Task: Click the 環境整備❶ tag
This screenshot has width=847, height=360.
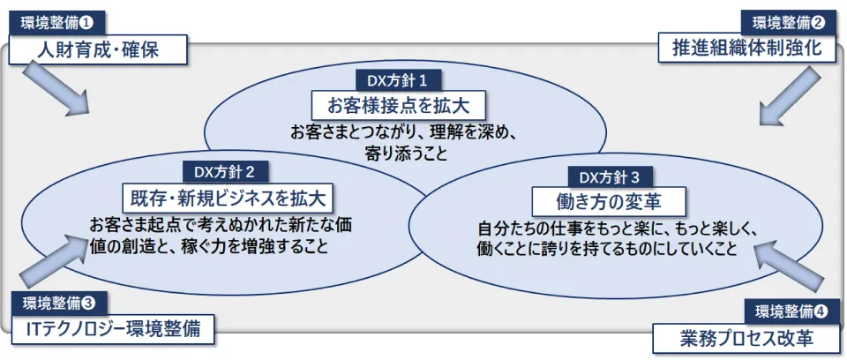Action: [x=56, y=23]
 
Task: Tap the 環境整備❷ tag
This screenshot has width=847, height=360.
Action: [x=790, y=22]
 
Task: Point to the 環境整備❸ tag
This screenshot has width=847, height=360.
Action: [x=59, y=304]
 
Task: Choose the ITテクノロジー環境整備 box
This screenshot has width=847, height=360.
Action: [x=113, y=330]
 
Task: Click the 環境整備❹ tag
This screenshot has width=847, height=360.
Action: [x=791, y=311]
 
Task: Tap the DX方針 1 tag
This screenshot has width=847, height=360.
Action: [x=399, y=81]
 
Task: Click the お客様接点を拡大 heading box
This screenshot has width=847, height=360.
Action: [x=399, y=106]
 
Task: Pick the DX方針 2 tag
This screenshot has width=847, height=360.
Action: [x=225, y=173]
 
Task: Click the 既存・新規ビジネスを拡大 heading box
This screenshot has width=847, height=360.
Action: [x=228, y=199]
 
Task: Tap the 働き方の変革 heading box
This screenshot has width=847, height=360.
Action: [x=609, y=202]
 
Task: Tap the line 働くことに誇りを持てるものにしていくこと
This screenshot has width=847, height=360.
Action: [x=607, y=248]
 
